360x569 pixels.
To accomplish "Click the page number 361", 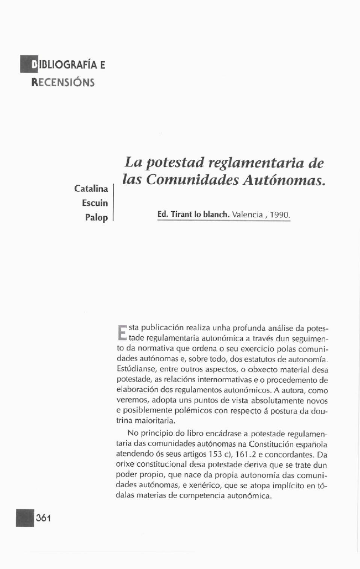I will click(x=43, y=518).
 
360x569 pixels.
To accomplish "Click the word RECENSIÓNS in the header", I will click(x=63, y=83).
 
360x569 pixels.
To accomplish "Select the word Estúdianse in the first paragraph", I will click(x=136, y=367).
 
